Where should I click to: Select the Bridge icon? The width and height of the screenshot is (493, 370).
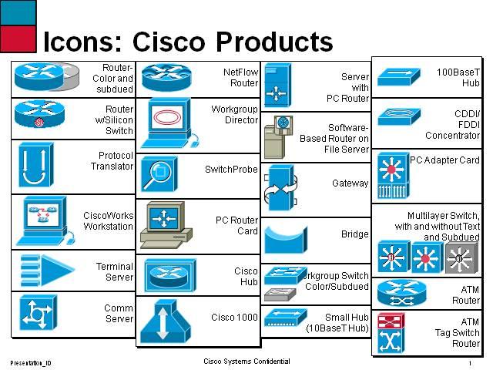click(x=285, y=238)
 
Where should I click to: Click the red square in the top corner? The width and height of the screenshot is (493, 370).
click(x=18, y=38)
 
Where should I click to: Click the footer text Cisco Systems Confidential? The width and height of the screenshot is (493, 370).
click(x=246, y=361)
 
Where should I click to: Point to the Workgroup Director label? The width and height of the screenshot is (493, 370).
click(x=235, y=115)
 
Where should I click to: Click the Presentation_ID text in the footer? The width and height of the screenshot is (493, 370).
click(x=31, y=362)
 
